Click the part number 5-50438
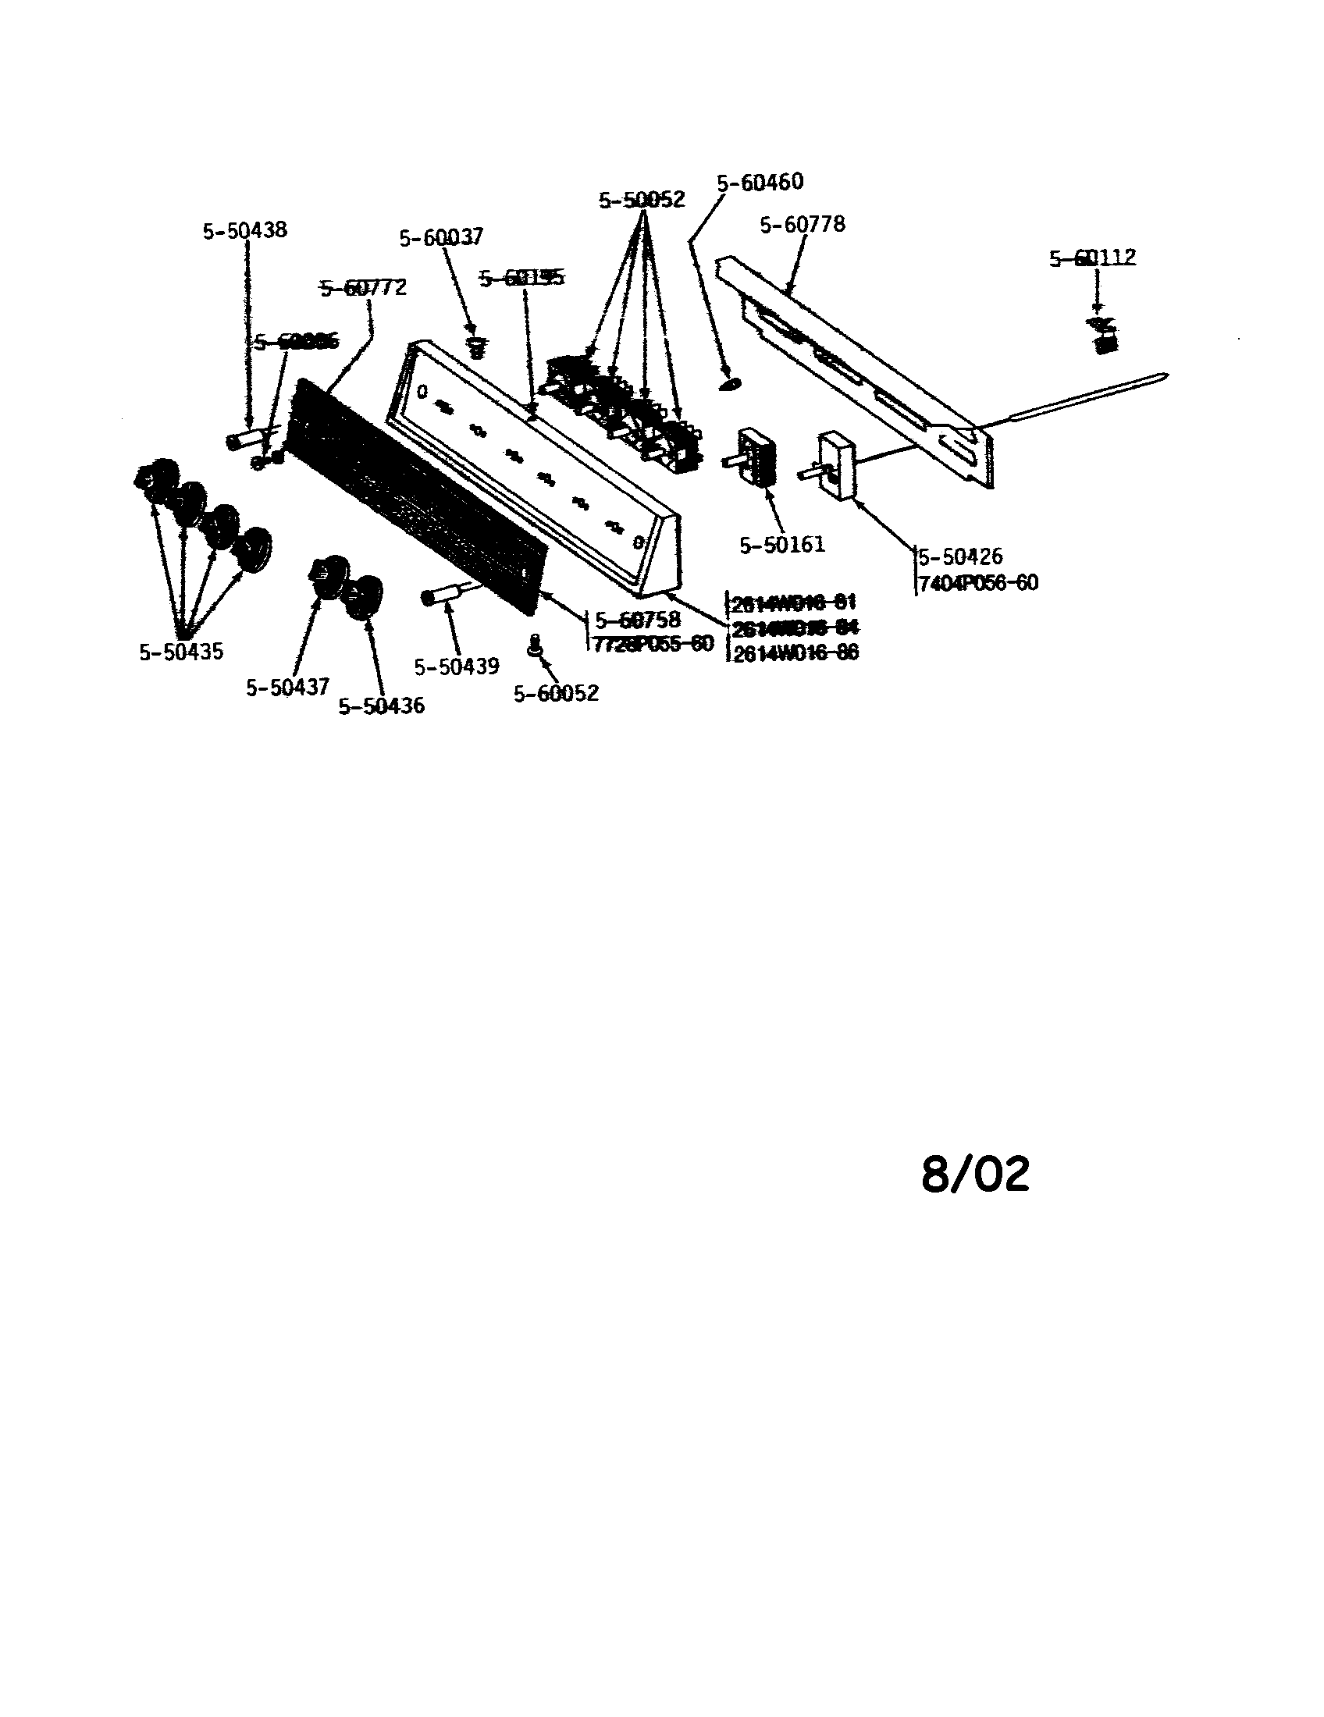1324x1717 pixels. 244,230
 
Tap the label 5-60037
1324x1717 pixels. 441,236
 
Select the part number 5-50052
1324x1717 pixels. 642,200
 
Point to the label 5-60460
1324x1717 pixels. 760,182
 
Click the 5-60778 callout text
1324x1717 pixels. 802,224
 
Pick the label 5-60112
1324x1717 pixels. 1093,257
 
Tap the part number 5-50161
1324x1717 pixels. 782,544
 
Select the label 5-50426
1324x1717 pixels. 960,556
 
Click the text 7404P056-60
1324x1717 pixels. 977,582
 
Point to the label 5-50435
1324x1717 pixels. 182,652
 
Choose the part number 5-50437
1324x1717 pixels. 288,687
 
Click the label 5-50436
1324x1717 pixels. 381,706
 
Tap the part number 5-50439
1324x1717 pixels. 457,667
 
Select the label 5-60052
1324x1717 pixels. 556,693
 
